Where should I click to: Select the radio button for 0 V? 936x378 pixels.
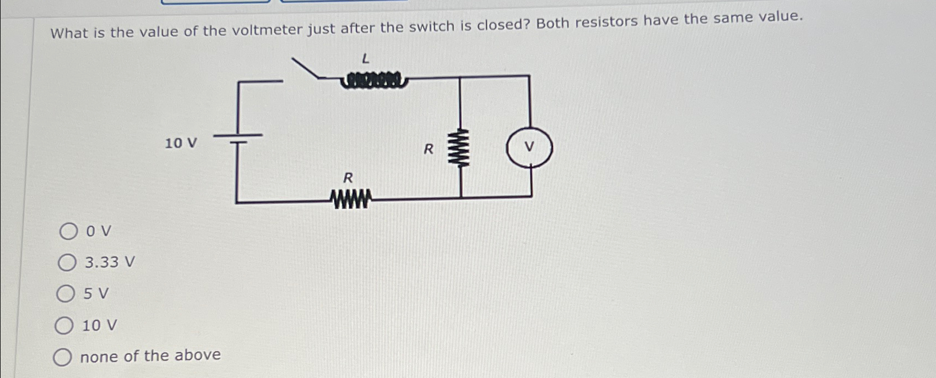click(x=68, y=232)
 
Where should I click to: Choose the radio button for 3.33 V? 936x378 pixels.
click(x=67, y=263)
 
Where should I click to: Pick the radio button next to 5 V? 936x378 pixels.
click(x=65, y=294)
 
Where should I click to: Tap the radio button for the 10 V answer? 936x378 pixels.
click(x=64, y=326)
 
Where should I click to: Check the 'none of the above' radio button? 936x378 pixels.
click(x=62, y=358)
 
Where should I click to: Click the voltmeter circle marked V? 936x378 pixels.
click(x=529, y=147)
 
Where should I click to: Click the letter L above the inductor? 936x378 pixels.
click(x=365, y=58)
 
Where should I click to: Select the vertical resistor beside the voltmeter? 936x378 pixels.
click(x=460, y=147)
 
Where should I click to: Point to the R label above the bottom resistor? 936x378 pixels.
click(x=348, y=178)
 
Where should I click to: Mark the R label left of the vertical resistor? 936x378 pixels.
click(x=428, y=149)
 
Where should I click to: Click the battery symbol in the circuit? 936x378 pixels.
click(x=237, y=138)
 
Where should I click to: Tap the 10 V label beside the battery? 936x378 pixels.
click(x=181, y=144)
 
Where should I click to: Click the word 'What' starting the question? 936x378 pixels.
click(x=69, y=33)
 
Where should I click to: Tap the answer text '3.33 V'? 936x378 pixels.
click(x=109, y=262)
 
